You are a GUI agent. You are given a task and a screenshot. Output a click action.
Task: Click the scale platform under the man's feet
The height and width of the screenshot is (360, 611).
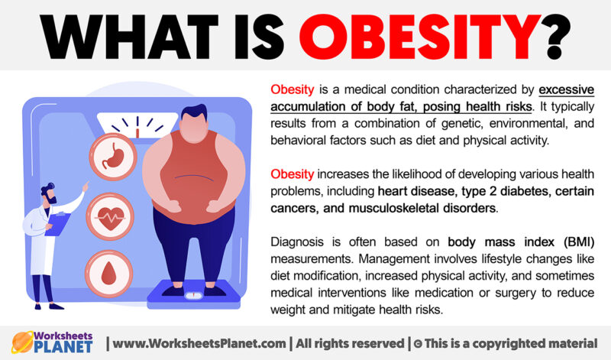(195, 290)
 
